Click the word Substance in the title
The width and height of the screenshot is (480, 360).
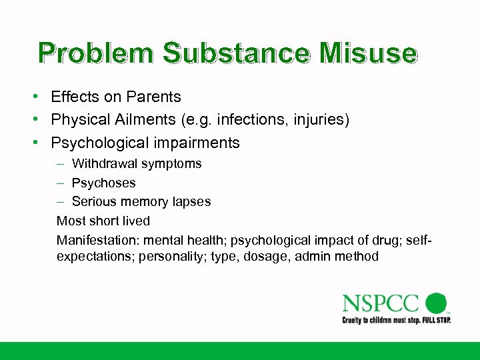click(234, 53)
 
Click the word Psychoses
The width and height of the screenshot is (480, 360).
click(103, 183)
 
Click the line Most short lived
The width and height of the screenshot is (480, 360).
click(103, 221)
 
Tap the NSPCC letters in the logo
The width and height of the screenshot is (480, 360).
click(381, 304)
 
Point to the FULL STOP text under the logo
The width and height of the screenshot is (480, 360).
click(433, 321)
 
